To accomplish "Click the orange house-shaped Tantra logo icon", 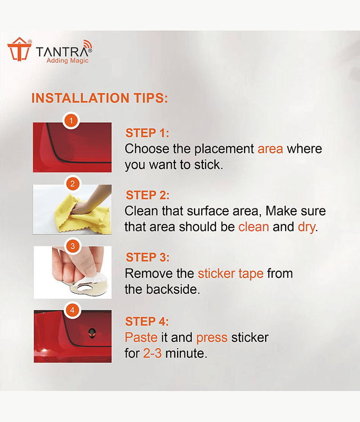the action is click(x=20, y=49).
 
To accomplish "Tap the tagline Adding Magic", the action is click(x=67, y=61).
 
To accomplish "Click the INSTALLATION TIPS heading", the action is click(x=100, y=98).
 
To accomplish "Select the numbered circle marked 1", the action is click(x=71, y=120).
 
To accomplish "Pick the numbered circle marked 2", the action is click(x=72, y=184).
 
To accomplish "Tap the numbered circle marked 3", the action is click(x=73, y=246).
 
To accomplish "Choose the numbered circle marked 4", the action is click(x=72, y=310).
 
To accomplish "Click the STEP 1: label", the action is click(x=148, y=133).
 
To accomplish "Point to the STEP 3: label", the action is click(x=148, y=257).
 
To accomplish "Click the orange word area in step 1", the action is click(x=270, y=149).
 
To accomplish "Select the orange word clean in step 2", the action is click(x=254, y=227).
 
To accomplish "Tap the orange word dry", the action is click(x=306, y=227).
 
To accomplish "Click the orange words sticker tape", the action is click(x=231, y=274).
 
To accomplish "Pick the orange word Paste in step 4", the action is click(x=141, y=338).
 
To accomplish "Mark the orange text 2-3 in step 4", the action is click(x=152, y=353).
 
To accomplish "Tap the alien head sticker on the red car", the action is click(x=92, y=333).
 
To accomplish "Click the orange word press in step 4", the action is click(x=212, y=338).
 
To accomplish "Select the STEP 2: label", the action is click(x=148, y=195).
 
